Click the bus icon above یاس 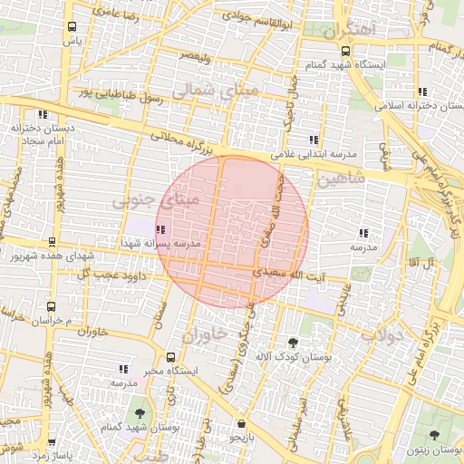click(x=72, y=27)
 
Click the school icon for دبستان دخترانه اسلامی click(x=422, y=91)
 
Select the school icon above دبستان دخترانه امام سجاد click(x=42, y=114)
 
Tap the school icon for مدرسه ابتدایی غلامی click(x=314, y=140)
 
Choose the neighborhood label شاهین click(x=341, y=179)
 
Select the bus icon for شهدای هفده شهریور click(x=52, y=242)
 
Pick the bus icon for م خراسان click(x=52, y=306)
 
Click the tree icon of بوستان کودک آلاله click(x=293, y=343)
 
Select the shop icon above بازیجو click(x=240, y=423)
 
